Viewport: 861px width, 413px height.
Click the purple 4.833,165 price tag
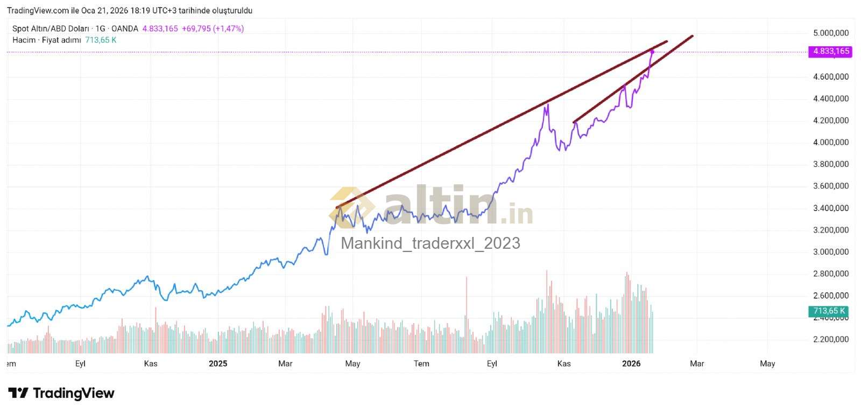click(x=831, y=51)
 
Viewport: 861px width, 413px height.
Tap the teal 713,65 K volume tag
click(x=829, y=311)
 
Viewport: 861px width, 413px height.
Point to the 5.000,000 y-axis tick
click(x=830, y=33)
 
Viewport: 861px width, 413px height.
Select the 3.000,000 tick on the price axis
click(x=830, y=252)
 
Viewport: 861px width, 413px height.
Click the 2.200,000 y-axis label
click(x=830, y=339)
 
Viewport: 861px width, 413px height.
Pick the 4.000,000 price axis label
click(x=830, y=142)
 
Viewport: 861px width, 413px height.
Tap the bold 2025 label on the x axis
click(x=218, y=363)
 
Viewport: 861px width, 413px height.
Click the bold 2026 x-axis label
click(x=631, y=363)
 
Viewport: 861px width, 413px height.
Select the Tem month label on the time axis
click(x=421, y=363)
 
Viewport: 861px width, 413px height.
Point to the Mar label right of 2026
click(x=697, y=363)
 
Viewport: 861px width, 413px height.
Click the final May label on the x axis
click(x=767, y=363)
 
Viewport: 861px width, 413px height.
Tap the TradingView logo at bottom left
click(x=61, y=393)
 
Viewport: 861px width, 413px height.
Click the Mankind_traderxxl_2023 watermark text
click(x=430, y=243)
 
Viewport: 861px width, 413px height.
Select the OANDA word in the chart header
click(x=124, y=29)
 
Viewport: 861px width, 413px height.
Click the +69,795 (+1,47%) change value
click(x=213, y=29)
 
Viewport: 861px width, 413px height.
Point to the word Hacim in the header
click(x=24, y=40)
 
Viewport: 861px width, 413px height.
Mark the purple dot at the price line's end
click(x=652, y=52)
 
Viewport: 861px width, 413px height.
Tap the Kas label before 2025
click(x=151, y=363)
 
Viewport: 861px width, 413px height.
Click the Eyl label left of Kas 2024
click(x=80, y=363)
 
